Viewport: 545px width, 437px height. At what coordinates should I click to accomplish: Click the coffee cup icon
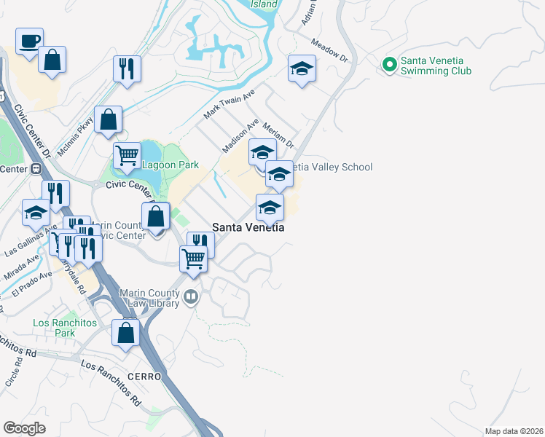29,42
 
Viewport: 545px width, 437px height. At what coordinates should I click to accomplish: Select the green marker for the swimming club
389,66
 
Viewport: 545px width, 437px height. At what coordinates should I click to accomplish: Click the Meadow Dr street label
330,50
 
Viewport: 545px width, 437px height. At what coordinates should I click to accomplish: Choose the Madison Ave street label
240,135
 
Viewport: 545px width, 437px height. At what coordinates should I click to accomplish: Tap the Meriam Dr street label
278,133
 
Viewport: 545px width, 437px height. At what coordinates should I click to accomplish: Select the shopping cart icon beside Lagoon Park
127,155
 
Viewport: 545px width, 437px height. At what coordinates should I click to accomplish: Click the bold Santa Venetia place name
248,227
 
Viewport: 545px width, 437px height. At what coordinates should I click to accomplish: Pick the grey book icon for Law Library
191,296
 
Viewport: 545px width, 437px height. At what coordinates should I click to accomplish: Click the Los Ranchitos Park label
55,328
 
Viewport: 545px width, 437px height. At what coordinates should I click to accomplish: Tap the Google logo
24,428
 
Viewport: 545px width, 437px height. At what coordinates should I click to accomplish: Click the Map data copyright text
513,431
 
